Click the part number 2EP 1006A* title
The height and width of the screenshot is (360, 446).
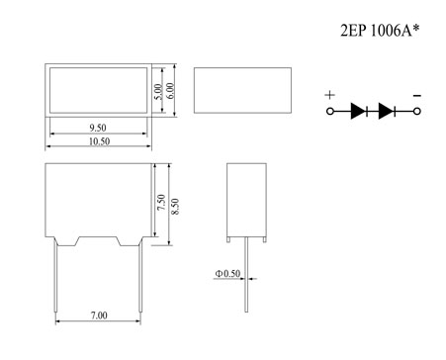[380, 31]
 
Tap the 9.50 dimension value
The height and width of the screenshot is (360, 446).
[98, 128]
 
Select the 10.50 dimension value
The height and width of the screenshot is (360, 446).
[99, 141]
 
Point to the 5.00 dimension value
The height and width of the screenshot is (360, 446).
[158, 92]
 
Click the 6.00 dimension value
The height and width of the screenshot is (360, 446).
[170, 90]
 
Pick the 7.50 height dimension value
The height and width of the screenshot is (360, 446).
[161, 203]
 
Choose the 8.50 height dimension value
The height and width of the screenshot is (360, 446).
[175, 207]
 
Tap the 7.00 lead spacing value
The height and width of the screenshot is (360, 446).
[99, 315]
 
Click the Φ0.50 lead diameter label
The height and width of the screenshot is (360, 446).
[227, 274]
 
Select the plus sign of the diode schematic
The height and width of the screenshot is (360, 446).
[330, 95]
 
